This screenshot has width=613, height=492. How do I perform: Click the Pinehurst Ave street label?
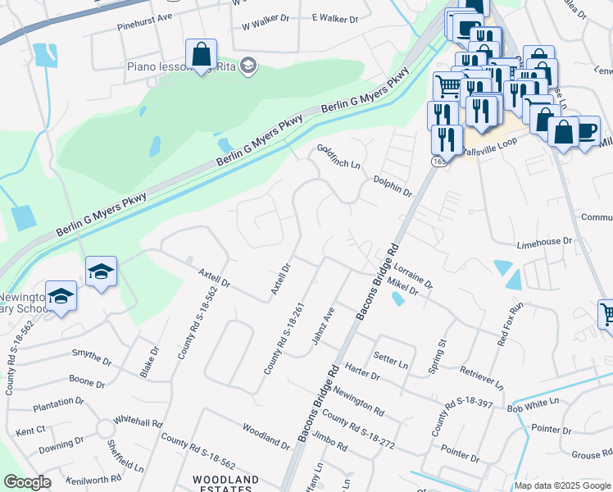point(144,39)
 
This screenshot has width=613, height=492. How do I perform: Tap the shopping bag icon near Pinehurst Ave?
point(201,55)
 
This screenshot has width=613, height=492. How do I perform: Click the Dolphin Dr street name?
point(392,185)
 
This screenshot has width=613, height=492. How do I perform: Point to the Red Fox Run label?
point(509,324)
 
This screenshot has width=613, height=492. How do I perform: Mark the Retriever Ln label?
point(482,378)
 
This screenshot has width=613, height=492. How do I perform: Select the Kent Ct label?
point(30,430)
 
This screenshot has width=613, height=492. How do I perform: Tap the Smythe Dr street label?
point(91,358)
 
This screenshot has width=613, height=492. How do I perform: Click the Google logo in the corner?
point(27,482)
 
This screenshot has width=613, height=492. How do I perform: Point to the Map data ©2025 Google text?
point(562,485)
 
